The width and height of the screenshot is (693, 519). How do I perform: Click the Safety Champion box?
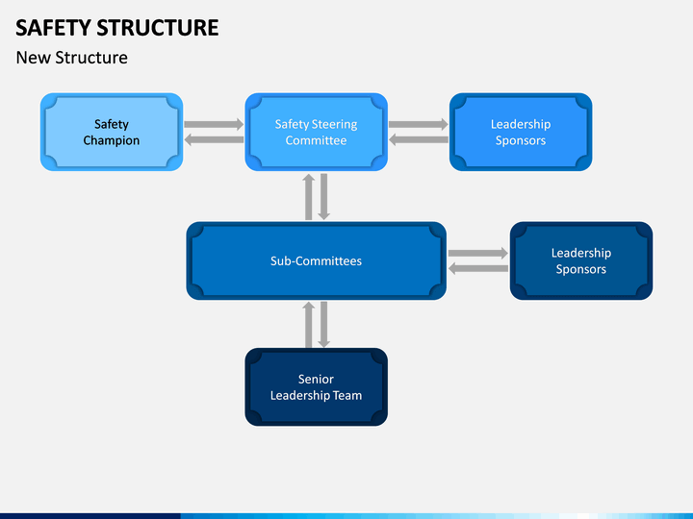pyautogui.click(x=112, y=132)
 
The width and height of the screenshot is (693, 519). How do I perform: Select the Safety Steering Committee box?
pyautogui.click(x=316, y=132)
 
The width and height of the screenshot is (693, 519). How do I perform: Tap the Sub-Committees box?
pyautogui.click(x=316, y=260)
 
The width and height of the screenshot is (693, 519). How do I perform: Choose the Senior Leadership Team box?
pyautogui.click(x=316, y=387)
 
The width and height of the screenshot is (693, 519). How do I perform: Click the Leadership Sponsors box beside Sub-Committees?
pyautogui.click(x=581, y=260)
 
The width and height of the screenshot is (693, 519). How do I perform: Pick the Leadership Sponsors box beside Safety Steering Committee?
pyautogui.click(x=521, y=132)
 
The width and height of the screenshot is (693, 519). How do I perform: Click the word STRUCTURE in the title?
pyautogui.click(x=157, y=28)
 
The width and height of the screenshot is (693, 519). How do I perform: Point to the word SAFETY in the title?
pyautogui.click(x=53, y=28)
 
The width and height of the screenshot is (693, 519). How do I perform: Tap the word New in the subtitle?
pyautogui.click(x=33, y=58)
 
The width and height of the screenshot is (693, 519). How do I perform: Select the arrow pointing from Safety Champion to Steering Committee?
pyautogui.click(x=214, y=124)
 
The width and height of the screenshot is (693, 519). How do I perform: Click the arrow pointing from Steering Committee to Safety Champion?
pyautogui.click(x=214, y=140)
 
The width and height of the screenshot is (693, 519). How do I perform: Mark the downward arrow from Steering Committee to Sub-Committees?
pyautogui.click(x=324, y=196)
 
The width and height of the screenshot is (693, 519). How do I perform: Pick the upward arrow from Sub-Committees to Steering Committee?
pyautogui.click(x=309, y=196)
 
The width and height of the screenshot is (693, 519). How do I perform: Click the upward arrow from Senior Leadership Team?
pyautogui.click(x=309, y=325)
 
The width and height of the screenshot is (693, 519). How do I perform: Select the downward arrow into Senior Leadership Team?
pyautogui.click(x=324, y=325)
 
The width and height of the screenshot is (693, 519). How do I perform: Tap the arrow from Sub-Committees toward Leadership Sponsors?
pyautogui.click(x=478, y=253)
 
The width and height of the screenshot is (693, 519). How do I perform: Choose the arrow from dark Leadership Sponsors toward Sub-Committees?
pyautogui.click(x=478, y=268)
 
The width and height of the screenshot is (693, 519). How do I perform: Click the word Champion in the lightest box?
pyautogui.click(x=112, y=140)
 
